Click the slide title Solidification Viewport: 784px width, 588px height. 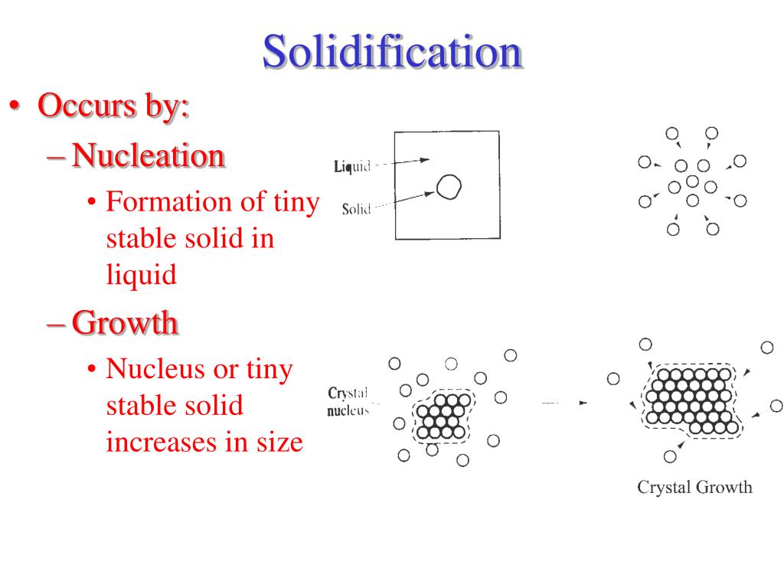pyautogui.click(x=392, y=52)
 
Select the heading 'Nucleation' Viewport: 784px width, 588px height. pyautogui.click(x=149, y=155)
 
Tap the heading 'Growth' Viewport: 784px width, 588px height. pyautogui.click(x=126, y=323)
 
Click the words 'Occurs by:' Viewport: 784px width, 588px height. pyautogui.click(x=113, y=105)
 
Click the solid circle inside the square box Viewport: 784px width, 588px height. pyautogui.click(x=449, y=186)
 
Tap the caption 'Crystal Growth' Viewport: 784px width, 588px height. pyautogui.click(x=695, y=487)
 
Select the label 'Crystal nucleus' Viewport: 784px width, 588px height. pyautogui.click(x=348, y=401)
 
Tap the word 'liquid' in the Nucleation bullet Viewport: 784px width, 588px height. pyautogui.click(x=141, y=273)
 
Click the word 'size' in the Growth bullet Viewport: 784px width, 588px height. pyautogui.click(x=277, y=442)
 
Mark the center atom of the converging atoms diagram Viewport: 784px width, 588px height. pyautogui.click(x=692, y=181)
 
